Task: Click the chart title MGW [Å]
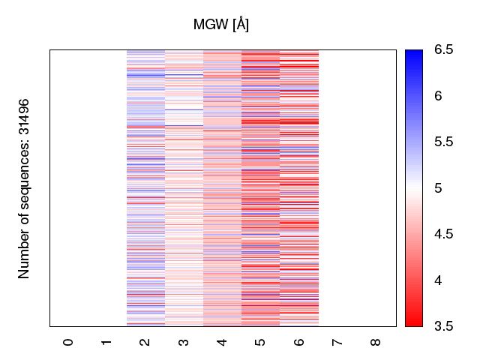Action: [221, 25]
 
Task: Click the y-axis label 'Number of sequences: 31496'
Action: [24, 188]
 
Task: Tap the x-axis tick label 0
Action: [69, 342]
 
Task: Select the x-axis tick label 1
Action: [107, 342]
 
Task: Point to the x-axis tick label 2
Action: [145, 342]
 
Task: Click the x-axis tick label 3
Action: [184, 342]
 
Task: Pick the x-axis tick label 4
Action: [222, 342]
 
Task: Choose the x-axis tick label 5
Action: [260, 342]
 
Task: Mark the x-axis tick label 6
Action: [298, 342]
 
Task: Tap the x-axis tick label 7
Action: [337, 342]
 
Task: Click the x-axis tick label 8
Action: [376, 342]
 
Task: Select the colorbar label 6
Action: [438, 96]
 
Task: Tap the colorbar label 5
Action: [438, 188]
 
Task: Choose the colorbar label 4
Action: [438, 280]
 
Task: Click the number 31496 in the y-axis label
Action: [24, 118]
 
